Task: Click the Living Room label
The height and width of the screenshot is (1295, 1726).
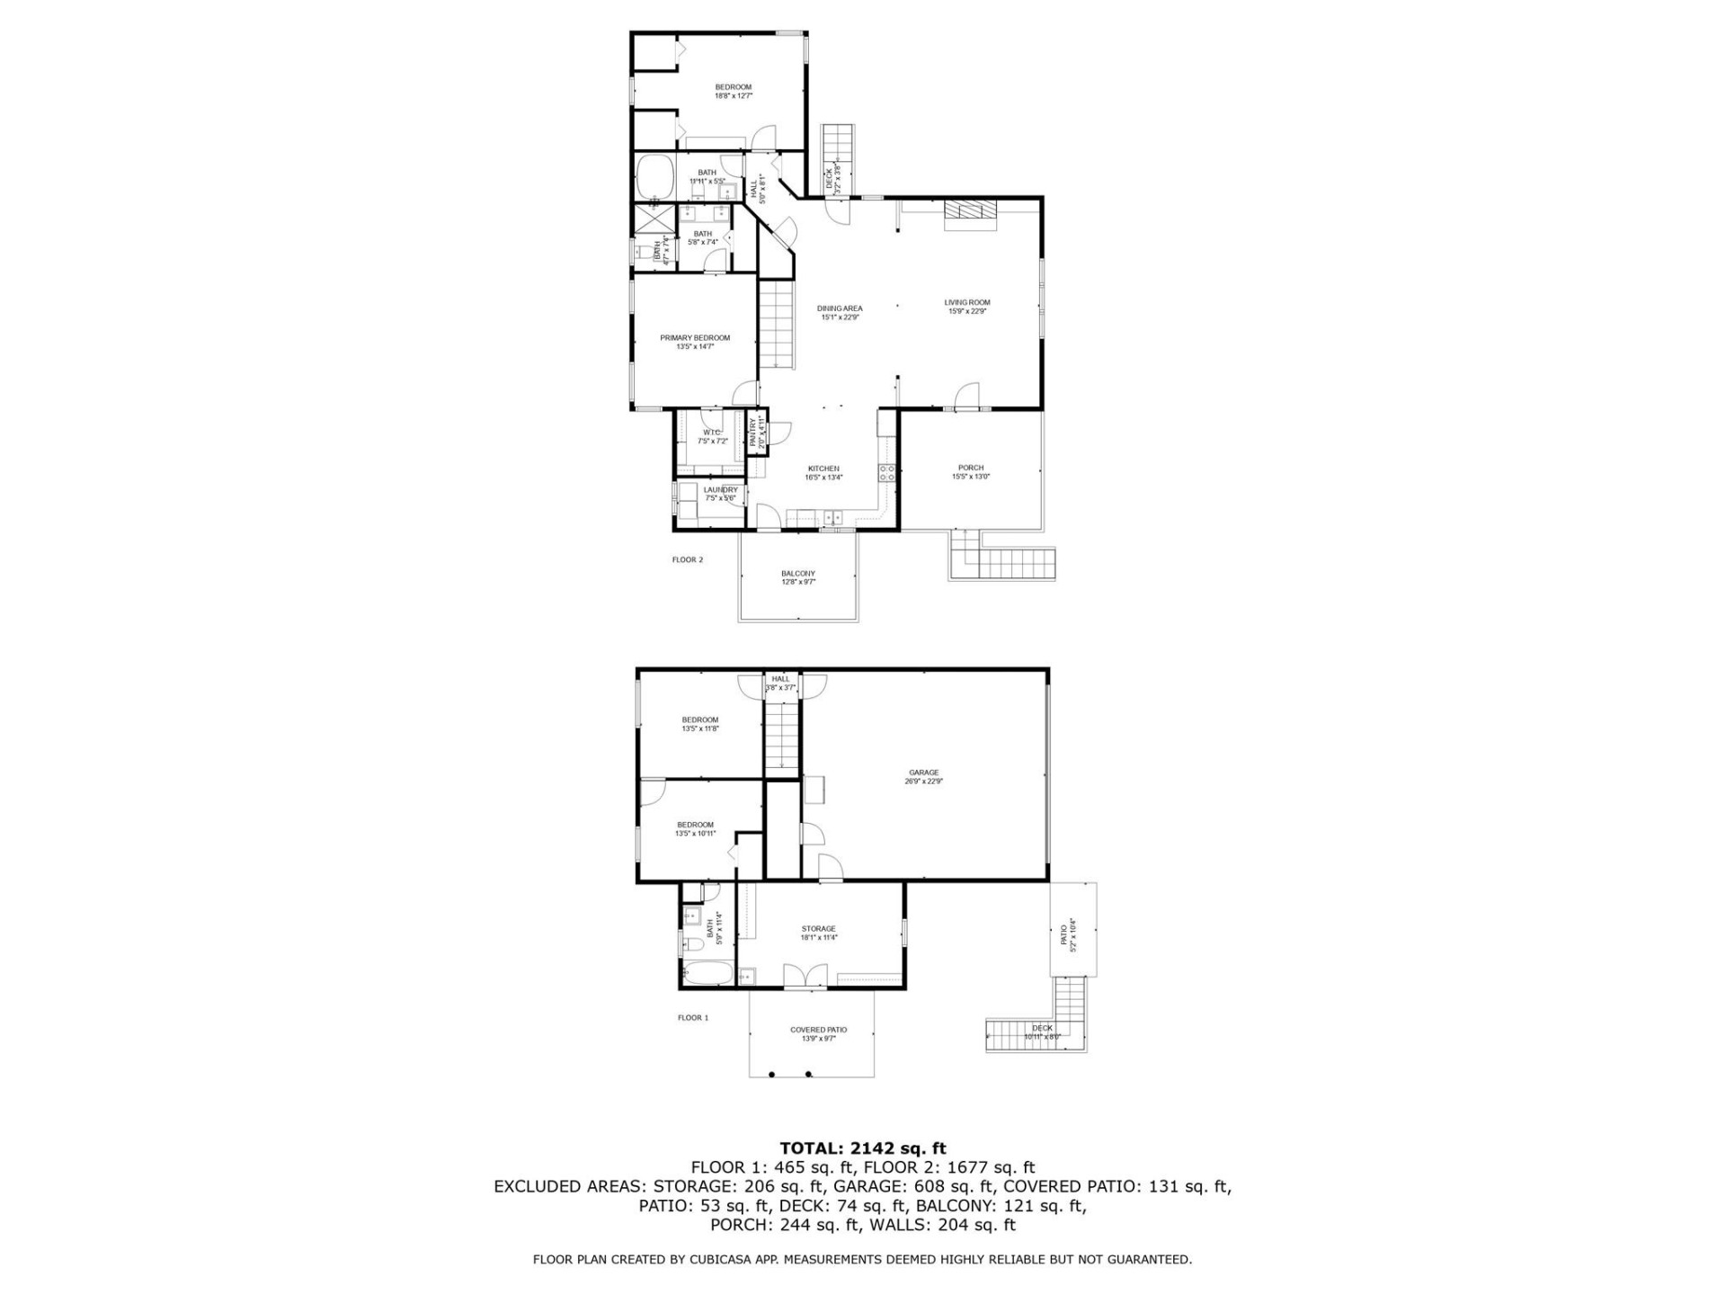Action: [x=966, y=307]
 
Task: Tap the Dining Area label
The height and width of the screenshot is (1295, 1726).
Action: [x=840, y=312]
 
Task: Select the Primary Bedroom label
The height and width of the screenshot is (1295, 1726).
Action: [x=695, y=342]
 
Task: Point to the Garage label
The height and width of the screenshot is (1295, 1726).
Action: [x=923, y=776]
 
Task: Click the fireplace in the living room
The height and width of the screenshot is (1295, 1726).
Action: [x=970, y=212]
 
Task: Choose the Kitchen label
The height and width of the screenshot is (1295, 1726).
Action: [x=823, y=473]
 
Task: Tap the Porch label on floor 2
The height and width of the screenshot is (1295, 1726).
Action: [x=971, y=472]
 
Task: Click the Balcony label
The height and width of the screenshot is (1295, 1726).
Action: [x=798, y=577]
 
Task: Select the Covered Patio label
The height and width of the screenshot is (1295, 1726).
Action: [x=818, y=1034]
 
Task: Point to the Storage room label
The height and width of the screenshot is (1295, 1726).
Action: [x=818, y=933]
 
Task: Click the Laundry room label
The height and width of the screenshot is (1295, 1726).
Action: [x=720, y=494]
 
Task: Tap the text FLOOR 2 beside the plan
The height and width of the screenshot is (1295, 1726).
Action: [x=688, y=559]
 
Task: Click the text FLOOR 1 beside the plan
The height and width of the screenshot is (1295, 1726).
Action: [x=693, y=1018]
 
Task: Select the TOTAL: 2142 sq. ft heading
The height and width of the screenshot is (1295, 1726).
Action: [x=863, y=1148]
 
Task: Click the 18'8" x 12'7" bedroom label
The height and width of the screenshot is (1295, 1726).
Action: [x=733, y=91]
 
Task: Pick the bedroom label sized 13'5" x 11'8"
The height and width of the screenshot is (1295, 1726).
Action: [x=700, y=724]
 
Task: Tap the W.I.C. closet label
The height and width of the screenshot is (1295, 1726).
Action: [x=712, y=436]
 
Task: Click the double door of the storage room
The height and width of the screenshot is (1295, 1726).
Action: [x=805, y=977]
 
